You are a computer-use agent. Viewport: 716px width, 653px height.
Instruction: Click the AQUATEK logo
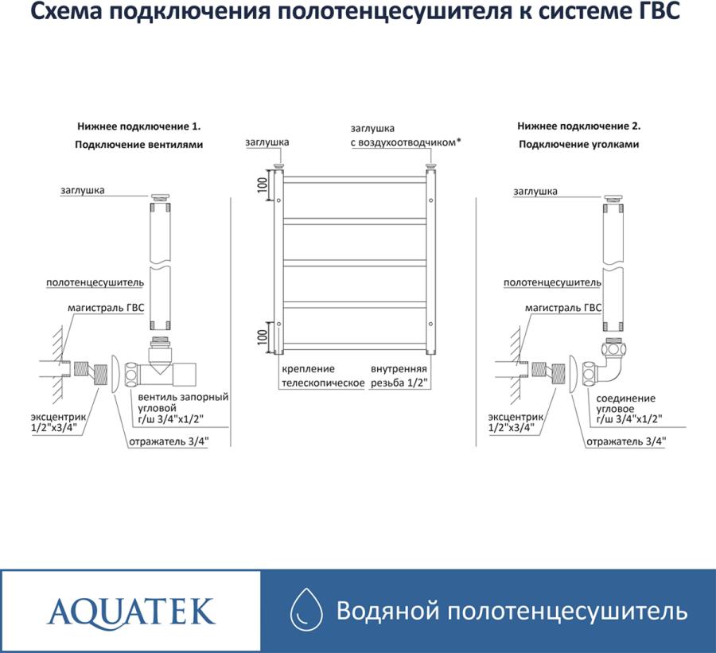pyautogui.click(x=131, y=612)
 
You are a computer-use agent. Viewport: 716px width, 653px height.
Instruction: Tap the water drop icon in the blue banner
pyautogui.click(x=306, y=611)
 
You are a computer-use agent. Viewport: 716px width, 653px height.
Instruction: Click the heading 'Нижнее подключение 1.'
pyautogui.click(x=138, y=126)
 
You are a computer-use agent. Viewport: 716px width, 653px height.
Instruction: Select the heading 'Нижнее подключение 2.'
pyautogui.click(x=579, y=126)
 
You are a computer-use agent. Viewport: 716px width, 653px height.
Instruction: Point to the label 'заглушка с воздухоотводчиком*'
pyautogui.click(x=406, y=135)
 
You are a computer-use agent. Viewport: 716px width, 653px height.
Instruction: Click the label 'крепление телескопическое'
pyautogui.click(x=323, y=376)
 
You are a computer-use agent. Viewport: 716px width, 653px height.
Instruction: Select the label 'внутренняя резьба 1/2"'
pyautogui.click(x=399, y=376)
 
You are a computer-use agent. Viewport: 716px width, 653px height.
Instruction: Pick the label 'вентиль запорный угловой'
pyautogui.click(x=183, y=402)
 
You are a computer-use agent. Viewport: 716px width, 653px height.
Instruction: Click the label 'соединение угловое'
pyautogui.click(x=625, y=404)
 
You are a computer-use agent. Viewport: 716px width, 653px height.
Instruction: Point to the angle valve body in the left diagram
pyautogui.click(x=161, y=367)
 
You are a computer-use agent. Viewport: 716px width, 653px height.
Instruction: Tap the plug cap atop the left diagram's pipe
pyautogui.click(x=160, y=197)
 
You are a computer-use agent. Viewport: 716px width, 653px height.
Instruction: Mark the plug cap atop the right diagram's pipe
pyautogui.click(x=613, y=198)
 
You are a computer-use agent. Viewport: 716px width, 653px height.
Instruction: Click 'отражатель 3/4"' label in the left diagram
pyautogui.click(x=169, y=441)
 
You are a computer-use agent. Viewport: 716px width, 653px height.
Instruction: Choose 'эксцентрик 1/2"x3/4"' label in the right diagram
pyautogui.click(x=516, y=422)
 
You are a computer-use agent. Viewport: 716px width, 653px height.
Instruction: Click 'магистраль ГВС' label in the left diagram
pyautogui.click(x=106, y=309)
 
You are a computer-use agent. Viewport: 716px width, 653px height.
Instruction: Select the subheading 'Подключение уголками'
pyautogui.click(x=579, y=144)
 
